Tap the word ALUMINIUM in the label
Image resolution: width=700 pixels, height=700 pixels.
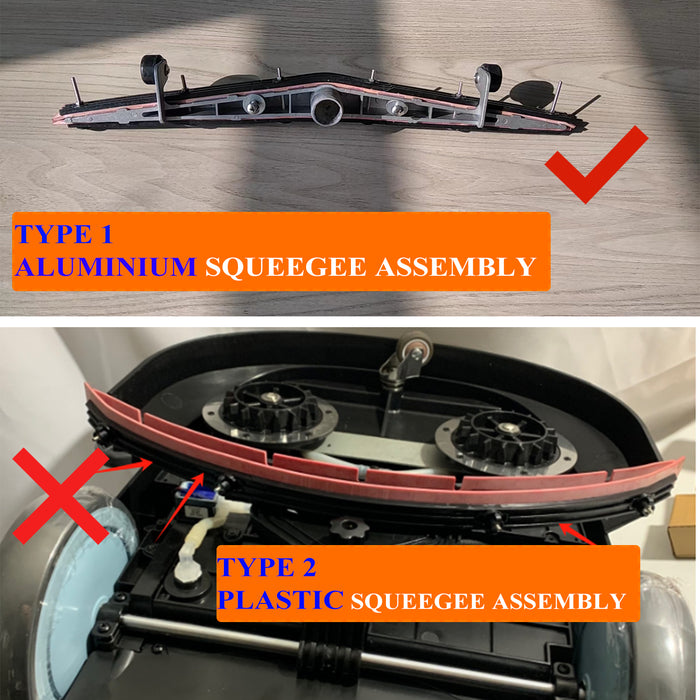pos(105,267)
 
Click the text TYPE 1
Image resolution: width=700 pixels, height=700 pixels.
pos(64,236)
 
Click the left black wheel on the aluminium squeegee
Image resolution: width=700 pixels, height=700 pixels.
pos(153,70)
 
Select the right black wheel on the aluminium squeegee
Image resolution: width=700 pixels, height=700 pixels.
pos(487,77)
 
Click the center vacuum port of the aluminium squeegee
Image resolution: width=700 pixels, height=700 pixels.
pos(326,106)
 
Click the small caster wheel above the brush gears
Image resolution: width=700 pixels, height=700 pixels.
pos(410,355)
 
